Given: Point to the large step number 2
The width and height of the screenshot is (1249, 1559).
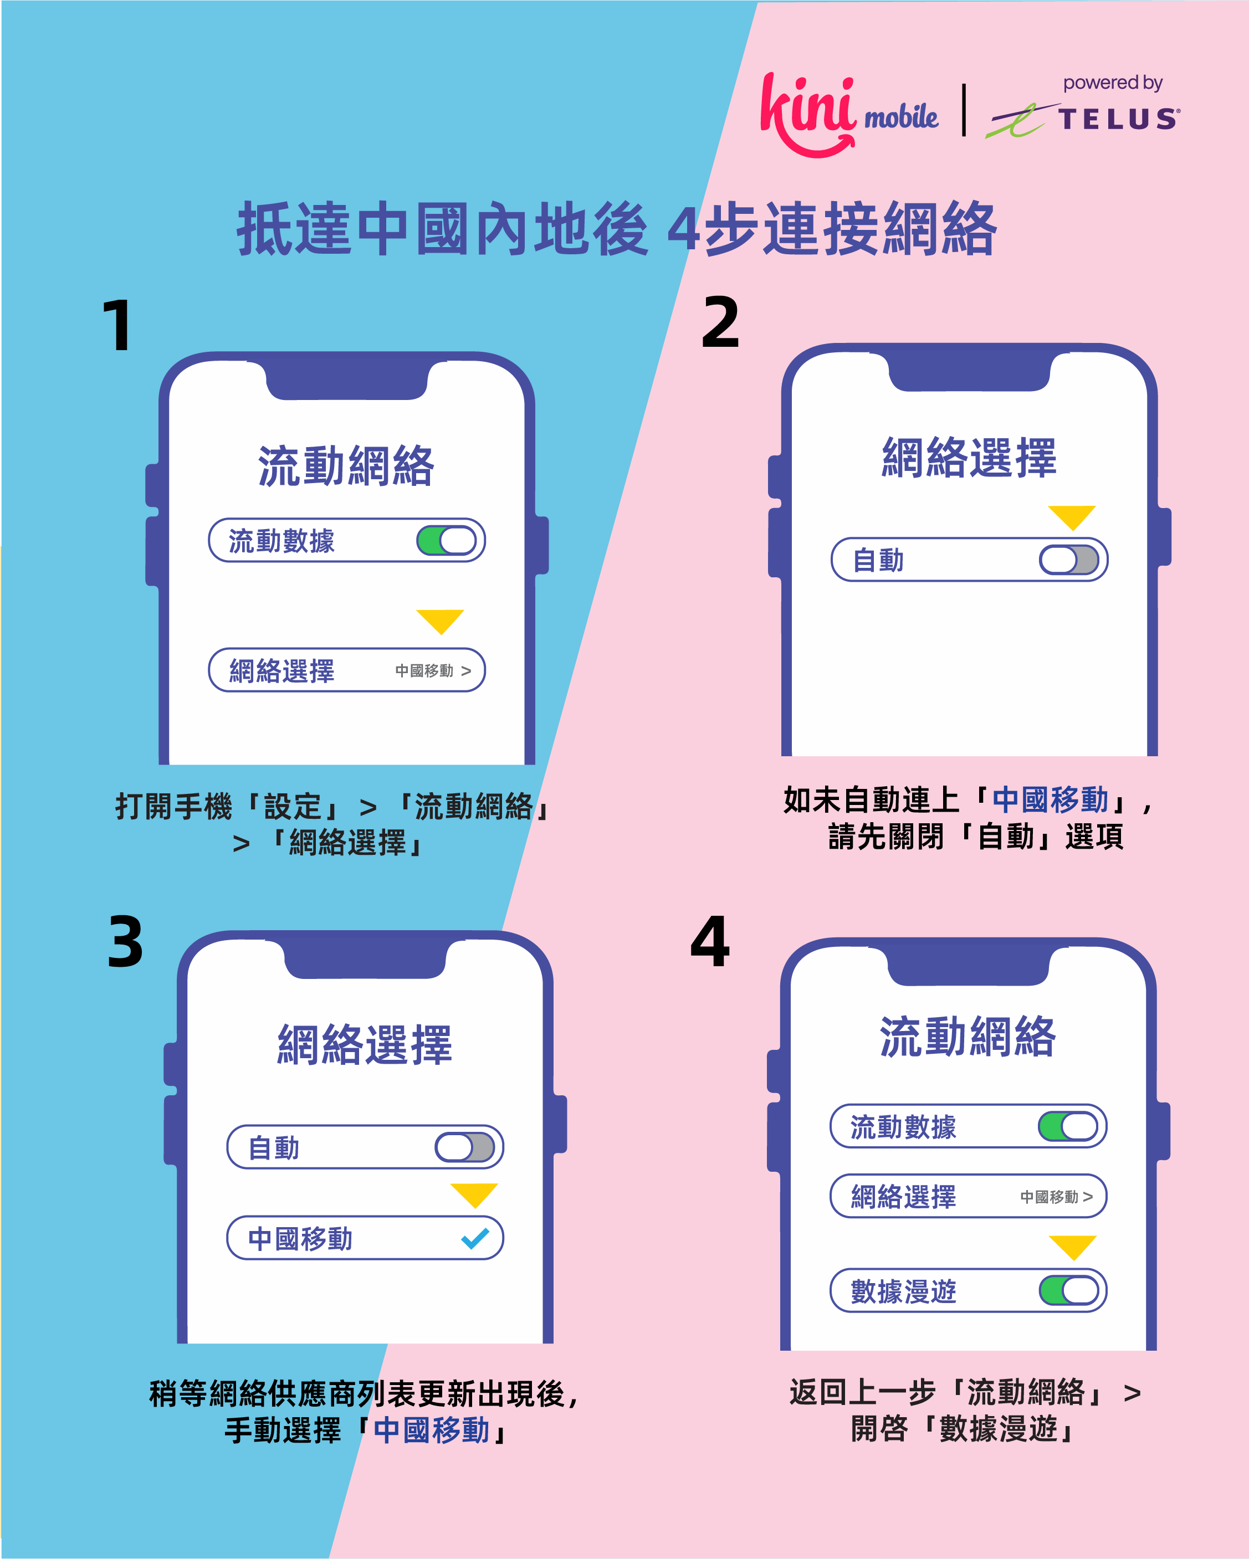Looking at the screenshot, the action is [720, 322].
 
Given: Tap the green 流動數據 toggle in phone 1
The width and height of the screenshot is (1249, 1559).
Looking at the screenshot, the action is [446, 540].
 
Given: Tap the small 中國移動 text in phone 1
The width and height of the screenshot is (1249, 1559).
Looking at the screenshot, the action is [424, 671].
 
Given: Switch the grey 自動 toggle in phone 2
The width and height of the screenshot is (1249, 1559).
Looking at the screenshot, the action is [1069, 560].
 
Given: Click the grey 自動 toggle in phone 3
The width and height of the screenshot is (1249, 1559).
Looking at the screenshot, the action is [464, 1147].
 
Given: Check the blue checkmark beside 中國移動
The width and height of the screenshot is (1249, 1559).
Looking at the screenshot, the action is [475, 1239].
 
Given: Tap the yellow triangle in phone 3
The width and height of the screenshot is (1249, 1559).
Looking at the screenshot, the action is [474, 1195].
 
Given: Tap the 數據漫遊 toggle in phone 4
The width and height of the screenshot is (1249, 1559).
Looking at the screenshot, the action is [1069, 1290].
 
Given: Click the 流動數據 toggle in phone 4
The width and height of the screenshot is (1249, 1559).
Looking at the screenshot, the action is [1068, 1126].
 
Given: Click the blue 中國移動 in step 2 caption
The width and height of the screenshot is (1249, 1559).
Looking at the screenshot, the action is [1050, 800].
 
